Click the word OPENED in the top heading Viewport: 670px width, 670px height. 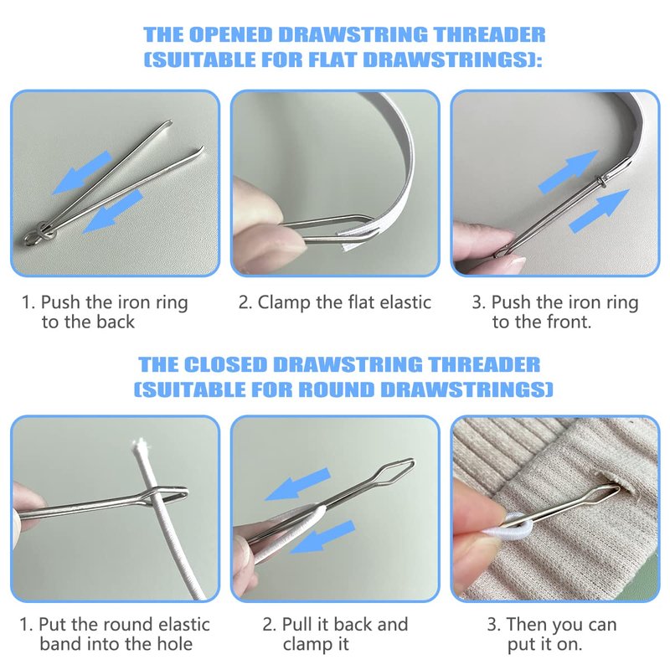[231, 34]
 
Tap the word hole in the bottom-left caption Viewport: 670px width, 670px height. [176, 643]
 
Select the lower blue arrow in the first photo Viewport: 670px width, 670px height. [112, 212]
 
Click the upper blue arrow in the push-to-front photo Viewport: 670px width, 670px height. [569, 172]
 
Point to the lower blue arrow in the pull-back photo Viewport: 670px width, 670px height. [322, 537]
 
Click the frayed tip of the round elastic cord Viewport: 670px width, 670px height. [139, 448]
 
